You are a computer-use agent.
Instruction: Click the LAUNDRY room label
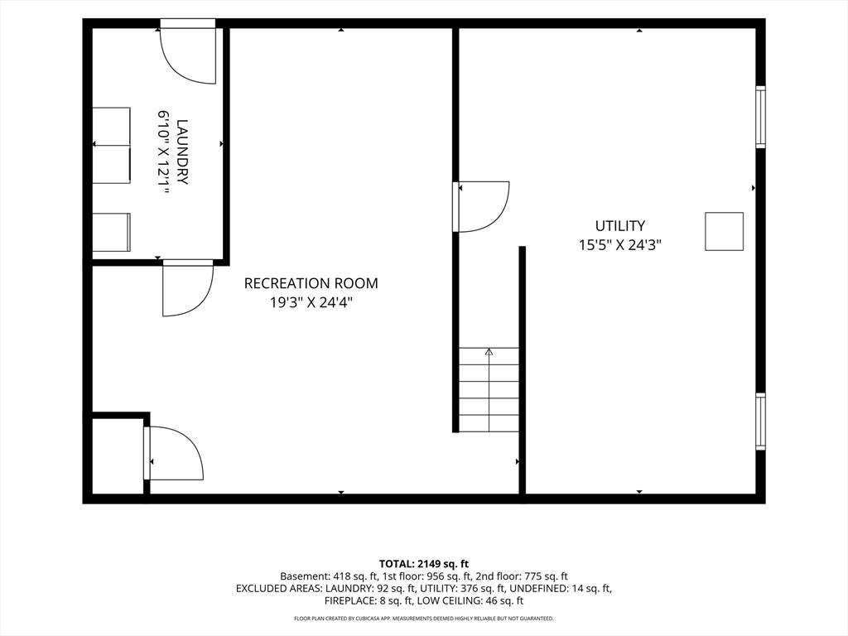coord(182,152)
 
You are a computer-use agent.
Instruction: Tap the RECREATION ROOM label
coord(311,283)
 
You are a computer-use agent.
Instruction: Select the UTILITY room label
coord(619,225)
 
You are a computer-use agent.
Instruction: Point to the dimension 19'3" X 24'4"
coord(311,302)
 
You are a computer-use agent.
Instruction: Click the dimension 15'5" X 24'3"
coord(619,245)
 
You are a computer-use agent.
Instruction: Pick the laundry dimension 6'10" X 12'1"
coord(163,152)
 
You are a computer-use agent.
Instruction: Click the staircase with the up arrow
coord(489,389)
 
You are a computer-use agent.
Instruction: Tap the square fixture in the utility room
coord(724,232)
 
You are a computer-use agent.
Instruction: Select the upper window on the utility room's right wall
coord(760,117)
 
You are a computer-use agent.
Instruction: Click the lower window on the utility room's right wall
coord(760,422)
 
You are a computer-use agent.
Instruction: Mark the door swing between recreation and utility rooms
coord(481,206)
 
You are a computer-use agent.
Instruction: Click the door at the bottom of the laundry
coord(188,287)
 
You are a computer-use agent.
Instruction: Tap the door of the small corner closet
coord(174,453)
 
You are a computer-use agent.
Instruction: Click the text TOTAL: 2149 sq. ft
coord(423,564)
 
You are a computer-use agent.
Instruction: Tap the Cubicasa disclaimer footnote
coord(423,618)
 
